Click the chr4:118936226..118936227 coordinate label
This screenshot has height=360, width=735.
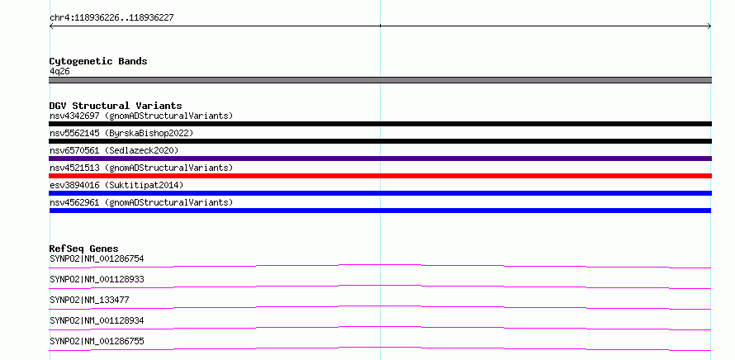coord(111,18)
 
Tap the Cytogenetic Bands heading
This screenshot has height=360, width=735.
coord(98,61)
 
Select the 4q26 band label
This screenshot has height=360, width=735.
coord(60,72)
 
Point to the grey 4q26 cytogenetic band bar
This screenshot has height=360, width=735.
coord(380,80)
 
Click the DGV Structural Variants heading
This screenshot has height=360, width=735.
coord(116,106)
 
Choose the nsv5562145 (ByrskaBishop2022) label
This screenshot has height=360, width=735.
coord(121,133)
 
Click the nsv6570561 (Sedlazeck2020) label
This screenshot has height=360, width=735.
coord(114,150)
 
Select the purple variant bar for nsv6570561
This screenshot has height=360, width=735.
coord(380,159)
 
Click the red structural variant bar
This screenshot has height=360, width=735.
coord(380,176)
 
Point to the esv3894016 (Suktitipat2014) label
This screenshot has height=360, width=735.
coord(116,185)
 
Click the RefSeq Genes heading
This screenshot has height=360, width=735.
coord(84,249)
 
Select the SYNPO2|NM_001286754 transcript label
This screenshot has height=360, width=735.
coord(97,258)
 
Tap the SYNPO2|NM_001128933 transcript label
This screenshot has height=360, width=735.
coord(97,279)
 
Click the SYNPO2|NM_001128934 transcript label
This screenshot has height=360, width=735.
coord(97,320)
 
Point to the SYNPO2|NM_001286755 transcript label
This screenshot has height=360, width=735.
coord(97,341)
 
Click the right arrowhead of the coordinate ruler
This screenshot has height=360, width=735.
coord(709,26)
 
